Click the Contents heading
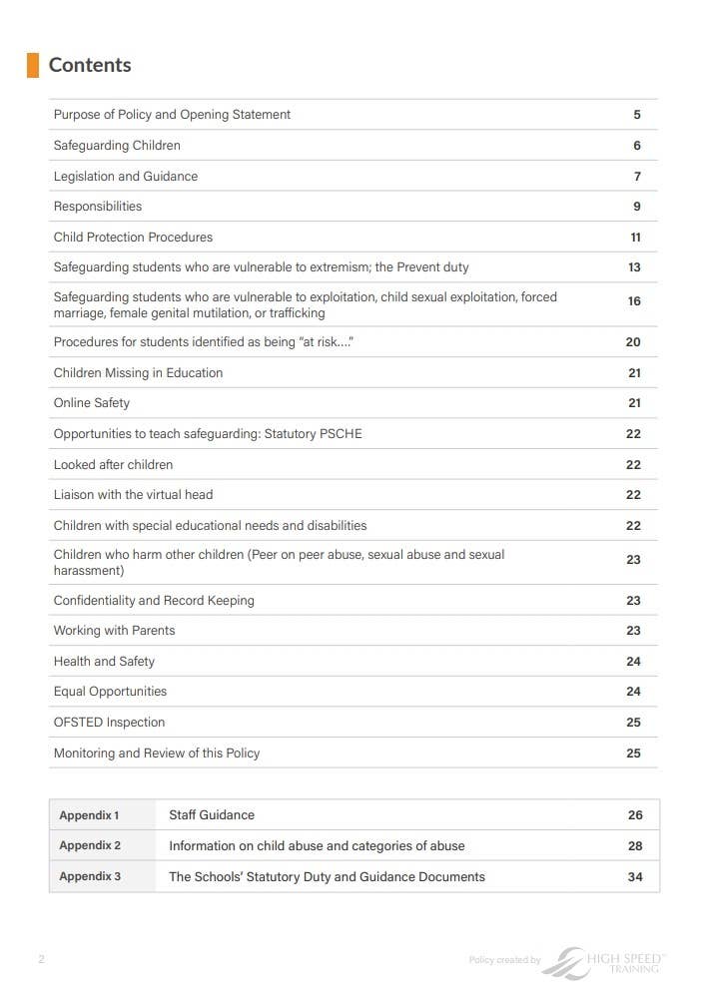pyautogui.click(x=90, y=65)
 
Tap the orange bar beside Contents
pyautogui.click(x=33, y=65)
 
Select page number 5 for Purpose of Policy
pyautogui.click(x=636, y=115)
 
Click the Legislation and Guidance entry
pyautogui.click(x=126, y=177)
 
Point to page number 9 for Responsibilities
pyautogui.click(x=636, y=207)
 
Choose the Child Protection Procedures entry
pyautogui.click(x=133, y=238)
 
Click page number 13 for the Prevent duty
pyautogui.click(x=634, y=267)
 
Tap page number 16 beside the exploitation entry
pyautogui.click(x=634, y=301)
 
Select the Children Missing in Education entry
pyautogui.click(x=138, y=373)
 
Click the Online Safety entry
pyautogui.click(x=92, y=403)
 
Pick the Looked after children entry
pyautogui.click(x=113, y=465)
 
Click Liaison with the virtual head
pyautogui.click(x=133, y=495)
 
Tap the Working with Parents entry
pyautogui.click(x=114, y=631)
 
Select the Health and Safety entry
pyautogui.click(x=104, y=662)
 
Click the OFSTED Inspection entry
pyautogui.click(x=109, y=723)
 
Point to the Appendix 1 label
pyautogui.click(x=89, y=815)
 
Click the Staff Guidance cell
pyautogui.click(x=212, y=815)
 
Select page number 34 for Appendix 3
pyautogui.click(x=635, y=877)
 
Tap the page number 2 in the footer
pyautogui.click(x=41, y=960)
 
